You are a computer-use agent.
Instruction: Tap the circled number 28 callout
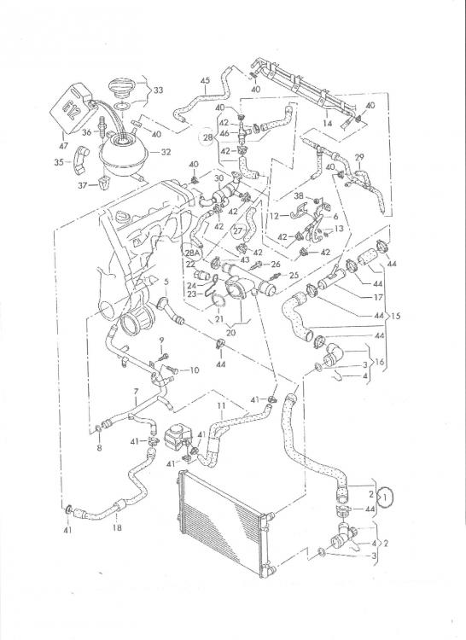click(207, 137)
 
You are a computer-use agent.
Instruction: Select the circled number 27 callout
click(238, 230)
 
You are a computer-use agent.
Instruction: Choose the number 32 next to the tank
click(166, 152)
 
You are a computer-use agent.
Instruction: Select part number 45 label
click(205, 81)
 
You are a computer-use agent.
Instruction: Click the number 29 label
click(359, 158)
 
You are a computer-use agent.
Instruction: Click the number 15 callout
click(398, 315)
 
